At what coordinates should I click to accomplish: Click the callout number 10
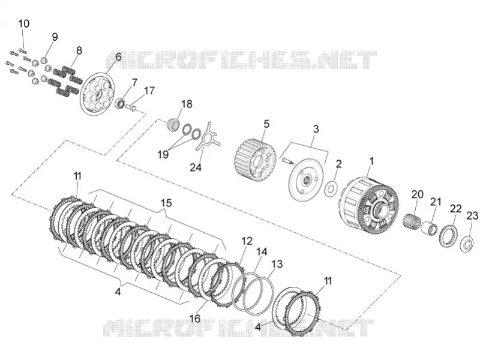[24, 23]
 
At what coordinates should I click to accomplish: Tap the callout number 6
[118, 56]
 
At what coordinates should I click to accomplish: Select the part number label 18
[187, 104]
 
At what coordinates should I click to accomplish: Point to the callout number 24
[196, 167]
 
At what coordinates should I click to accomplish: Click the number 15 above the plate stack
[166, 203]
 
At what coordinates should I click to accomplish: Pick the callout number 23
[472, 216]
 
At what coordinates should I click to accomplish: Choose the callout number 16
[194, 319]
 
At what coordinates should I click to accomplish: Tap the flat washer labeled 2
[331, 189]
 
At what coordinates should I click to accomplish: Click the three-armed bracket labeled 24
[208, 137]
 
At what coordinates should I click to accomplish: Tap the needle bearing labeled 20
[411, 221]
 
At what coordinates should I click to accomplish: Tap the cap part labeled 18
[172, 125]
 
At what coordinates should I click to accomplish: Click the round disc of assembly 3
[306, 179]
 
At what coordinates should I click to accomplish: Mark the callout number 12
[247, 241]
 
